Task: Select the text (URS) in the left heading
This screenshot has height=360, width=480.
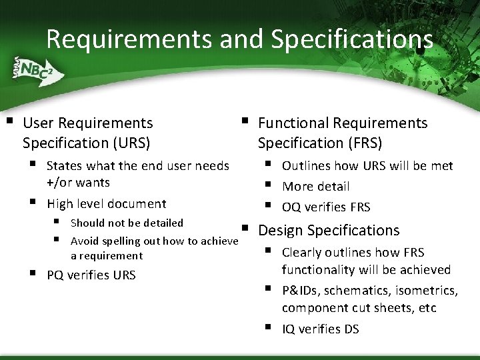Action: (127, 143)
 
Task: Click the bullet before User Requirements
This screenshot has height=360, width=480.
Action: (9, 122)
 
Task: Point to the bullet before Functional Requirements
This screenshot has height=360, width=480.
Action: (245, 122)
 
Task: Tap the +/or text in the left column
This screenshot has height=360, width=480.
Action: (60, 183)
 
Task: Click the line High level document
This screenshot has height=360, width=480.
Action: (106, 204)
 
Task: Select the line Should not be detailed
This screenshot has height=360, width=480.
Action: (127, 223)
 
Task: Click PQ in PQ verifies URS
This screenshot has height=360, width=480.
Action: (55, 275)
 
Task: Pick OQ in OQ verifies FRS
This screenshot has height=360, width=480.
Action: (291, 207)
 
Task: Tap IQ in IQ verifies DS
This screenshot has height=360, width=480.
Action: (289, 329)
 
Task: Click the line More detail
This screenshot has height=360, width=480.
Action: (315, 187)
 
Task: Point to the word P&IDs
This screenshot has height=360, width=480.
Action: (299, 291)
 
